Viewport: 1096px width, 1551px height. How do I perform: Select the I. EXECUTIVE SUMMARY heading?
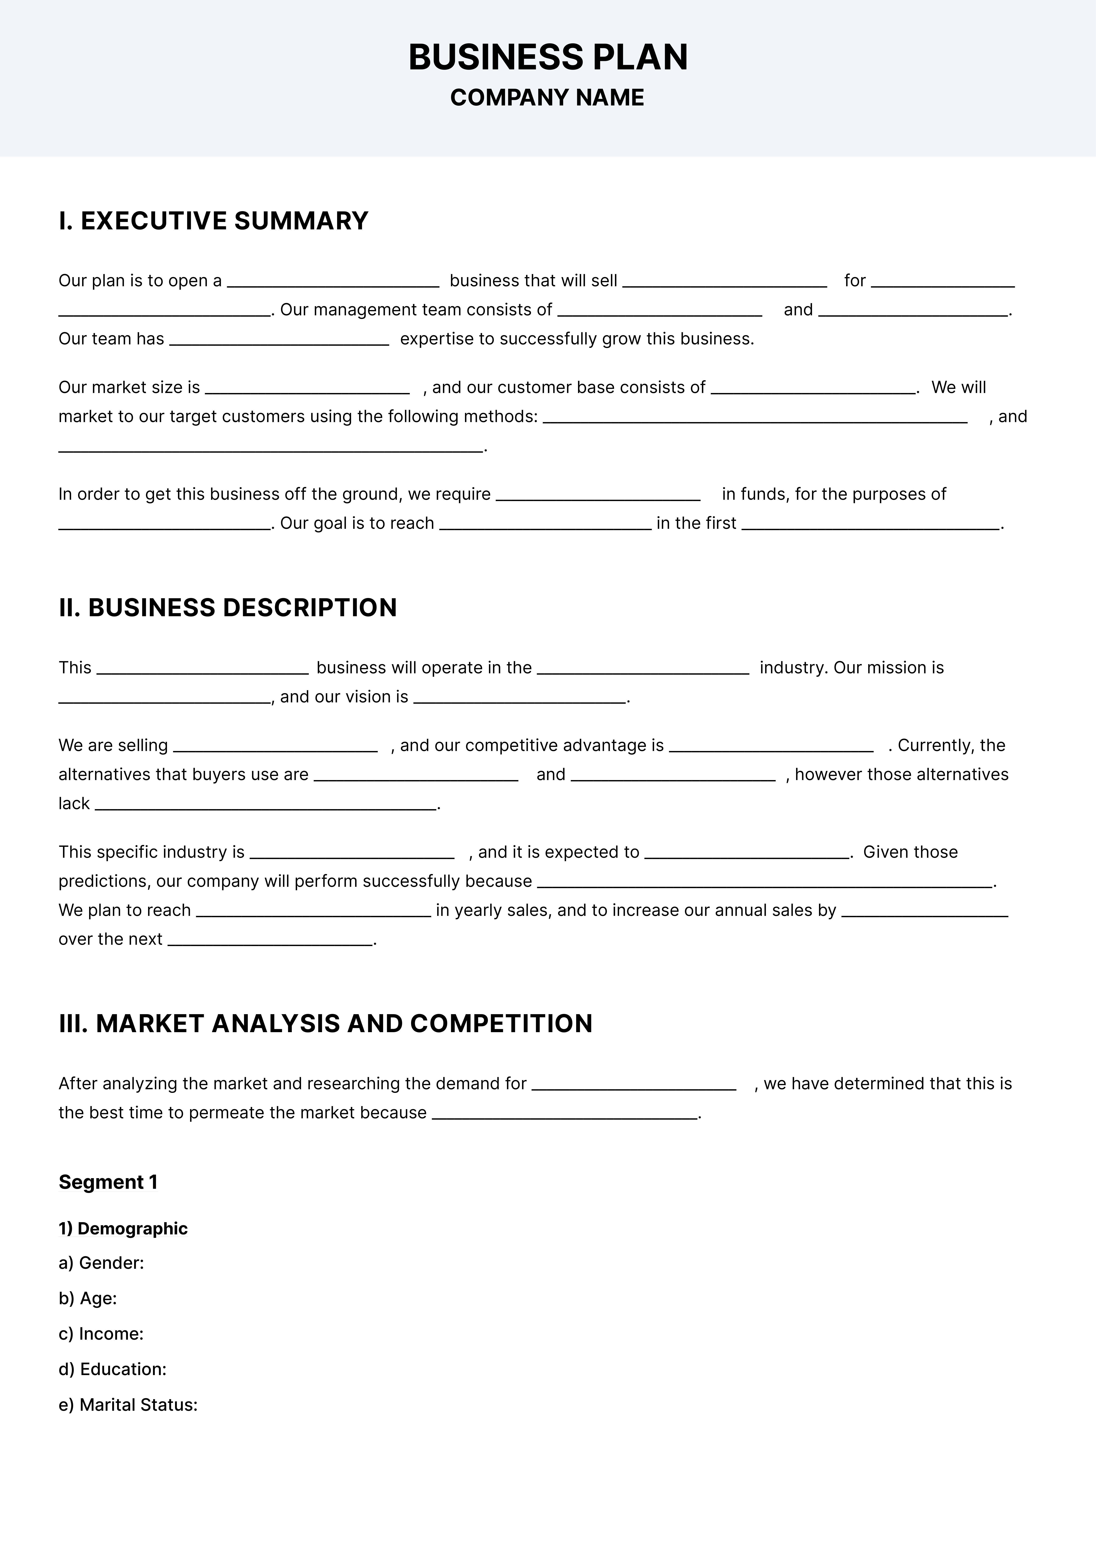[x=213, y=221]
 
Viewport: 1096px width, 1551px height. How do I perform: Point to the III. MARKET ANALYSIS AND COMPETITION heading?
[x=326, y=1023]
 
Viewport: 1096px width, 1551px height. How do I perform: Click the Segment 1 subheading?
[x=108, y=1182]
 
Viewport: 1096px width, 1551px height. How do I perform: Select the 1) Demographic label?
[x=123, y=1228]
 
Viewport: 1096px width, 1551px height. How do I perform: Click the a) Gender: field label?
[x=101, y=1263]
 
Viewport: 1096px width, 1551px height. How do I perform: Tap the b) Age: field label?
[x=88, y=1298]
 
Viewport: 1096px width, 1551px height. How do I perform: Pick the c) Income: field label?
[x=101, y=1333]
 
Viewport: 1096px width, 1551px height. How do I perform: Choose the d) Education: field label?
[x=112, y=1369]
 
